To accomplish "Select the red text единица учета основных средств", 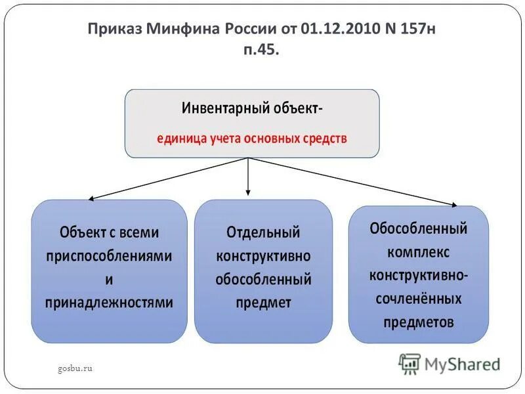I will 252,139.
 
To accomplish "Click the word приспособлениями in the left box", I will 109,255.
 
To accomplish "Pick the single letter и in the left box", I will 109,279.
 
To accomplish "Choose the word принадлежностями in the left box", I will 109,302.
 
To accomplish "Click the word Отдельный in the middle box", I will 263,232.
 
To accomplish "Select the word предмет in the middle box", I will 263,303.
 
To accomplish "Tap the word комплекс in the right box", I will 419,252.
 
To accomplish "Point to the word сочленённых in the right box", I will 419,299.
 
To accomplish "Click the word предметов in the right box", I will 419,322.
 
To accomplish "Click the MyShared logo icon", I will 409,362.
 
